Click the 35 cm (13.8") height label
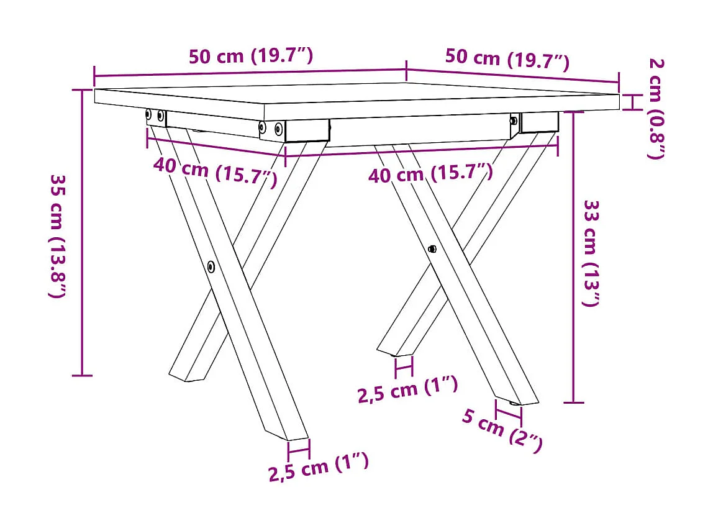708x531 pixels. [x=57, y=235]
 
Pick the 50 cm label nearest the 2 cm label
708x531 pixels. [x=507, y=58]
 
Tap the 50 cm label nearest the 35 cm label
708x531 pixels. [x=250, y=55]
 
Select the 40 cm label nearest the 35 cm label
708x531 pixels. [x=215, y=170]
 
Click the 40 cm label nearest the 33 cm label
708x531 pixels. [x=430, y=173]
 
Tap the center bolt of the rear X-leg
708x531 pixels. [x=432, y=248]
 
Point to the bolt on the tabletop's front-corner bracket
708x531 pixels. [x=278, y=129]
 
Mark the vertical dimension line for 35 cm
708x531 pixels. [x=82, y=233]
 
